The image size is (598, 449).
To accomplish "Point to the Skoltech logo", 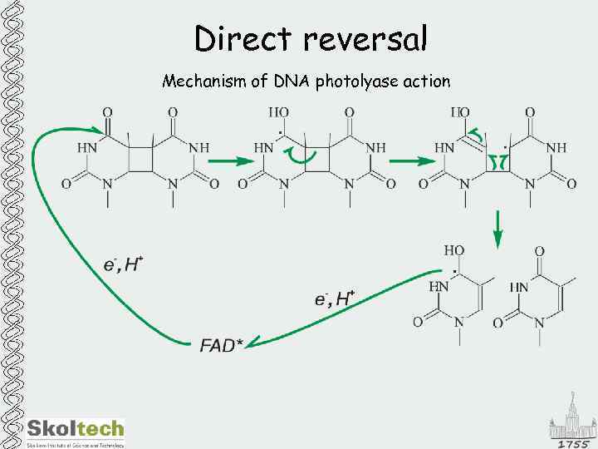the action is pyautogui.click(x=76, y=429).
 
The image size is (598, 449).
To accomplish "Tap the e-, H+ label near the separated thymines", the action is pyautogui.click(x=336, y=299).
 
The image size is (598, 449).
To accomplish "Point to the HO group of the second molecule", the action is pyautogui.click(x=279, y=112).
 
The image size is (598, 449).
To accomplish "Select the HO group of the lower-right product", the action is pyautogui.click(x=453, y=250).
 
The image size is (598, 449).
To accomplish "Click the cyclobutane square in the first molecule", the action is pyautogui.click(x=140, y=161).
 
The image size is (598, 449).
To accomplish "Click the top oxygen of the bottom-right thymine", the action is pyautogui.click(x=539, y=250).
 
